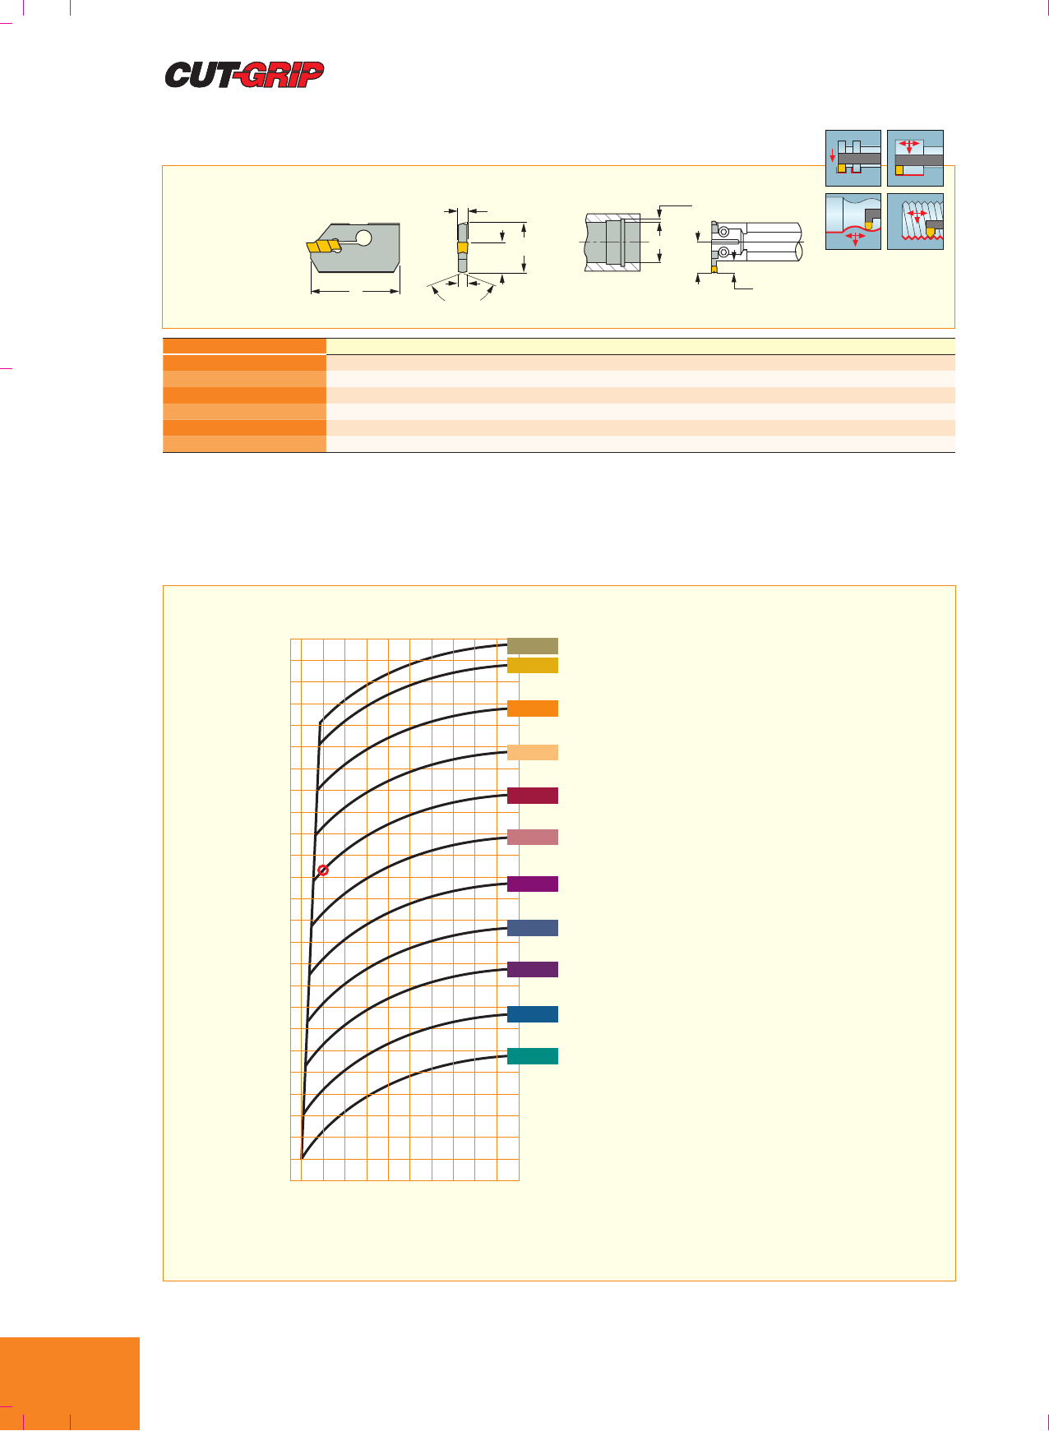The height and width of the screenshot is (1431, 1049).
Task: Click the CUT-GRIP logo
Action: (244, 75)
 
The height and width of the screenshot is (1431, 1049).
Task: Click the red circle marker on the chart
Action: (323, 870)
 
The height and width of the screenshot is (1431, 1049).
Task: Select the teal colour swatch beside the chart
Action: (533, 1056)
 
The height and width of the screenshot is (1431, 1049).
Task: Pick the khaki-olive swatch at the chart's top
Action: (533, 645)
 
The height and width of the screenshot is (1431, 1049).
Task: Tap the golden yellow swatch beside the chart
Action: (533, 665)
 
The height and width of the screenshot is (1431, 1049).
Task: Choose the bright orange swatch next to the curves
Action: (533, 709)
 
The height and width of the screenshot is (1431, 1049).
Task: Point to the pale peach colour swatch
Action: (533, 752)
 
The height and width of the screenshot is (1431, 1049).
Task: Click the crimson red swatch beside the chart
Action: (533, 795)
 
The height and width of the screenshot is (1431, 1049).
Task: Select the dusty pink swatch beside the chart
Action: (533, 837)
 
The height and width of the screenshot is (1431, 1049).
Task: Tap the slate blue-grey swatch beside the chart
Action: (533, 927)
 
